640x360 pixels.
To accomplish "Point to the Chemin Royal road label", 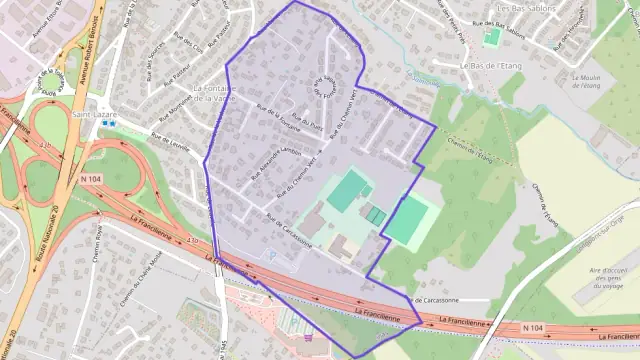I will tap(98, 239).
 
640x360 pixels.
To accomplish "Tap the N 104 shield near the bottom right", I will tap(536, 328).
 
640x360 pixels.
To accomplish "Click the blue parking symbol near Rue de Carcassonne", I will tap(271, 254).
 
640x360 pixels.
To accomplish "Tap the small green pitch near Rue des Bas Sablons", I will tap(491, 37).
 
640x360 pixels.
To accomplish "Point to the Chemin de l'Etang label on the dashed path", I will tap(470, 150).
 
